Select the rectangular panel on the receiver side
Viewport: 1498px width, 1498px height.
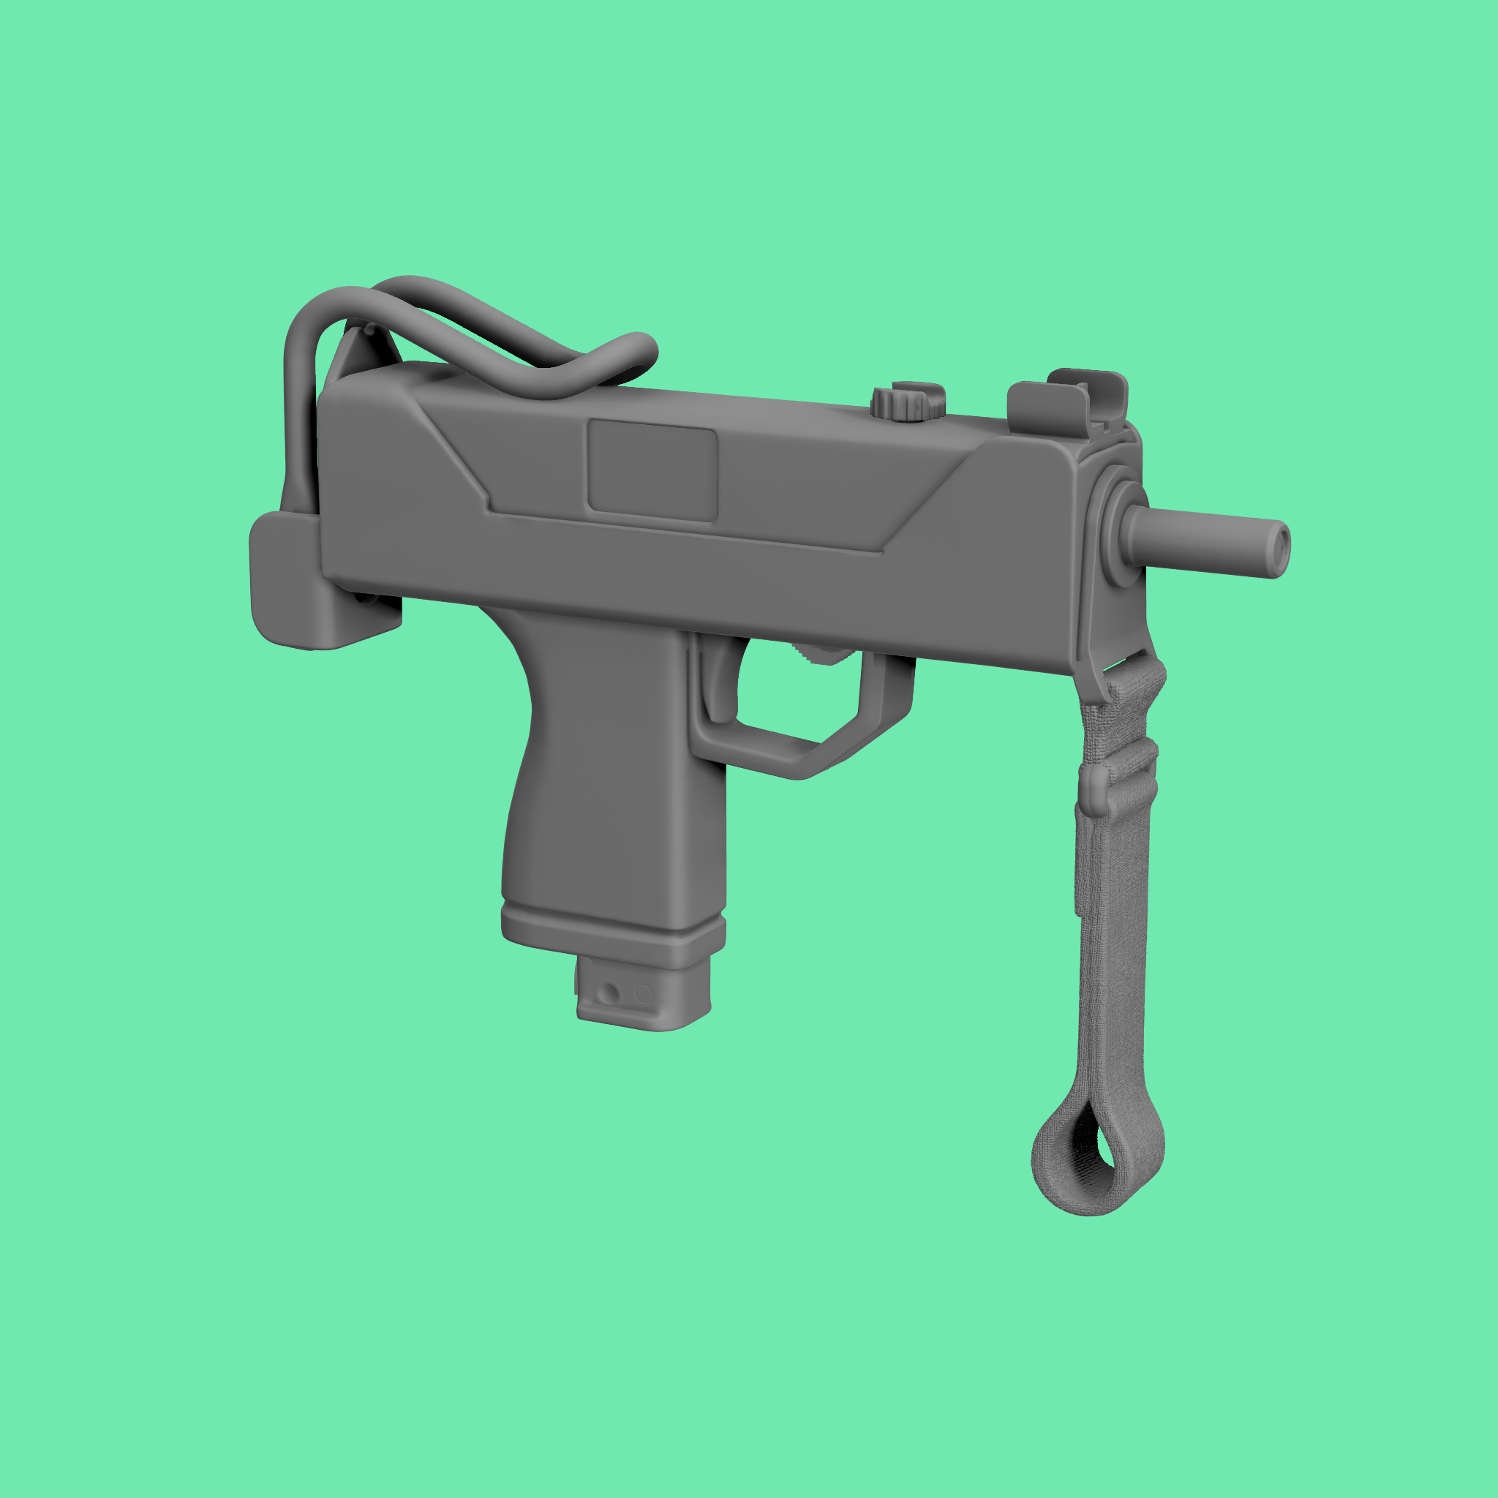tap(651, 470)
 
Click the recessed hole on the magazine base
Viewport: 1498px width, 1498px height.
tap(610, 993)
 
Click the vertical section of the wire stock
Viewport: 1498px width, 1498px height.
tap(298, 418)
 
